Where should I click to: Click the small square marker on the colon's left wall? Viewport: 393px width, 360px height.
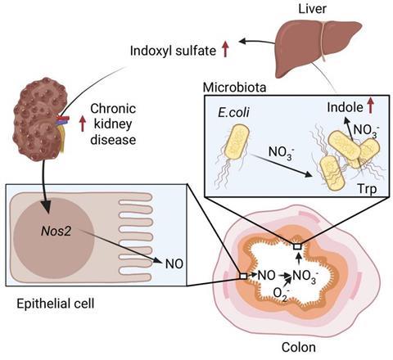(x=243, y=277)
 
